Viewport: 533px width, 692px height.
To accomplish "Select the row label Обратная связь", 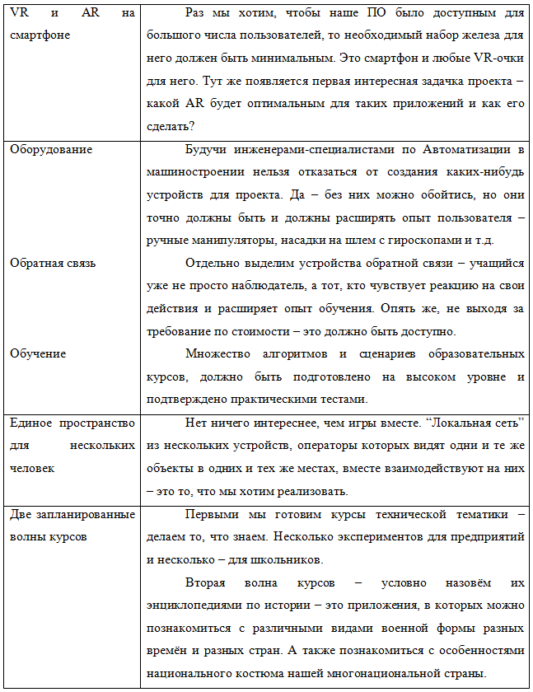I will (x=53, y=263).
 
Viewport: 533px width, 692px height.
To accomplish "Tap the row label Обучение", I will (x=38, y=353).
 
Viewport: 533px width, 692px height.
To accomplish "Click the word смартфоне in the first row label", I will (x=39, y=35).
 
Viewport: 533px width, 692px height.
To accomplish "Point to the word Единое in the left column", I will (x=32, y=423).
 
